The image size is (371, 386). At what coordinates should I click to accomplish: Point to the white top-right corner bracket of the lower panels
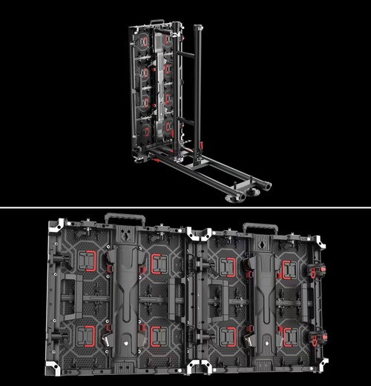tap(319, 242)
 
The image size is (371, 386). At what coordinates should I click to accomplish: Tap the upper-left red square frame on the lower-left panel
tap(89, 261)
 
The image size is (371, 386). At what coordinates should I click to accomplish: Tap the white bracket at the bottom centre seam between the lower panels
tap(199, 365)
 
